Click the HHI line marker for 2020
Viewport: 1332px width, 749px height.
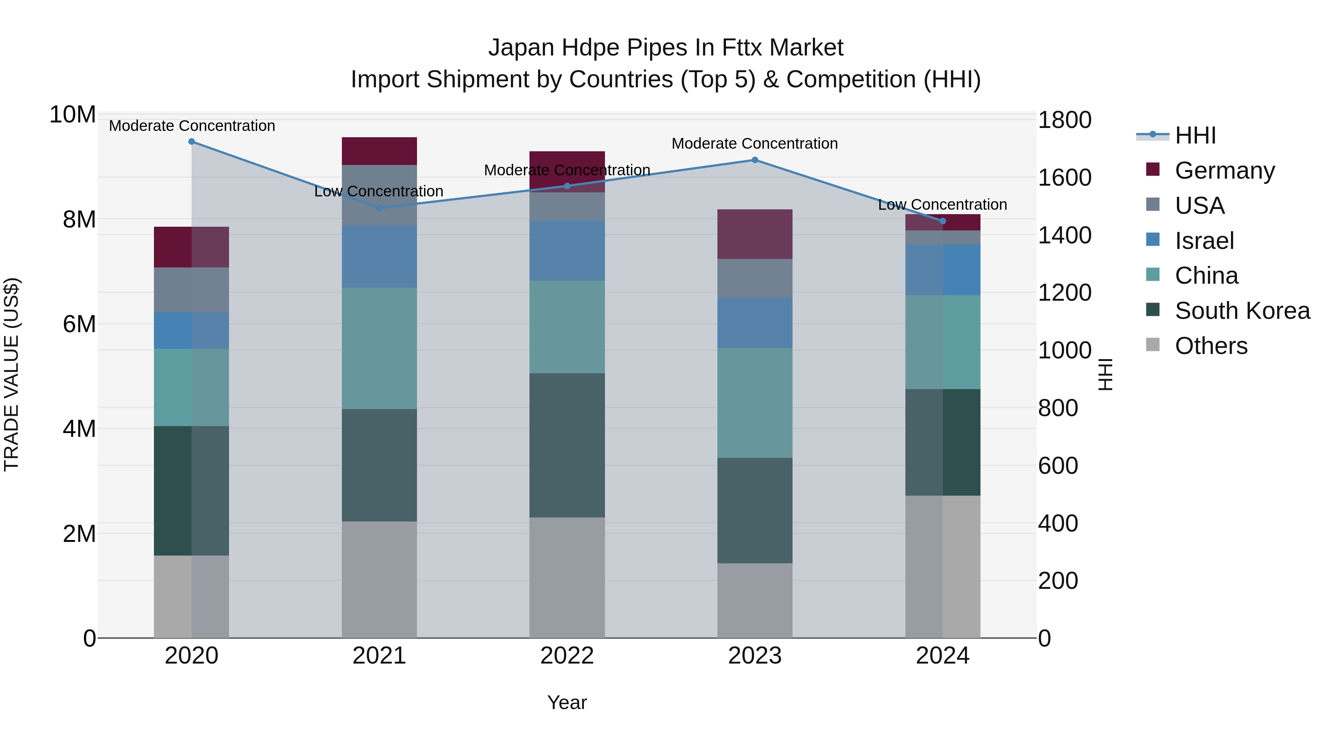191,142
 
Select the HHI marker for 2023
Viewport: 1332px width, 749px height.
754,160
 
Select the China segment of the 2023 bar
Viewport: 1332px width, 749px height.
754,403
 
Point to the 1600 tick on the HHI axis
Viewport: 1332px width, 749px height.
1064,178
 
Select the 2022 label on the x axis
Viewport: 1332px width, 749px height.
567,656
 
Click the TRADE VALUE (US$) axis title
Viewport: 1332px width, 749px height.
11,374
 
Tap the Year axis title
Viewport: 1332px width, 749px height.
567,702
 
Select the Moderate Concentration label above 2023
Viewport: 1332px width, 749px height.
754,144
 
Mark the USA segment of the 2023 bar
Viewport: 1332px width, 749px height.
754,278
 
